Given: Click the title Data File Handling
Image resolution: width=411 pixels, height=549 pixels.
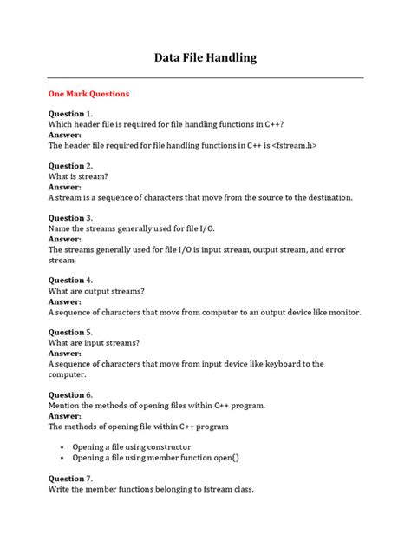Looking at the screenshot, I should coord(205,58).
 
